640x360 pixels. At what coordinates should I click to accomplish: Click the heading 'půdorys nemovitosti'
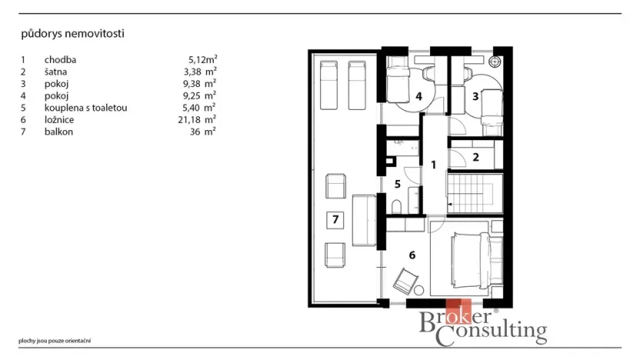tap(72, 34)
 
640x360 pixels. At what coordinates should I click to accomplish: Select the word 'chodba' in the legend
tap(61, 59)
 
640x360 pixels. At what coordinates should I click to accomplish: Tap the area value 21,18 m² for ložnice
tap(197, 119)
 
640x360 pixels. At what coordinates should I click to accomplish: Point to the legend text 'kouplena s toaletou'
tap(85, 108)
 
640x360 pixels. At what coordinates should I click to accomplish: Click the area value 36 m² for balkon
tap(202, 132)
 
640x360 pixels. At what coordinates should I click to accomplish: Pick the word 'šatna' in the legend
tap(55, 72)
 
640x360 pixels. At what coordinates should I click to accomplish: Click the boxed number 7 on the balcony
tap(335, 219)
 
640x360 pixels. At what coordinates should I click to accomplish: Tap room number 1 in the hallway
tap(434, 165)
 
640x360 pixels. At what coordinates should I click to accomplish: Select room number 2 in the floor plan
tap(475, 157)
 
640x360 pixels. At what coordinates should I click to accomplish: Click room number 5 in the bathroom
tap(398, 184)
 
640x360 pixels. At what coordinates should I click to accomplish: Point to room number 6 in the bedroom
tap(412, 255)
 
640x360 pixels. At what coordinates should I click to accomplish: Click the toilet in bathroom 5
tap(396, 207)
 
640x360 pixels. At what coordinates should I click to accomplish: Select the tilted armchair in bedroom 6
tap(405, 281)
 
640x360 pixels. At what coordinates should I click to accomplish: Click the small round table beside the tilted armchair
tap(418, 291)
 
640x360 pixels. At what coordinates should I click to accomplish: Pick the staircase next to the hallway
tap(475, 194)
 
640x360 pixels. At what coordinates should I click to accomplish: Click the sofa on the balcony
tap(364, 221)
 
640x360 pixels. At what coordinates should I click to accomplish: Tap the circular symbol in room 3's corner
tap(495, 62)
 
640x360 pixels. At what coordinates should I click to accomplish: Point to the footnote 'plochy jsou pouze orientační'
tap(55, 341)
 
